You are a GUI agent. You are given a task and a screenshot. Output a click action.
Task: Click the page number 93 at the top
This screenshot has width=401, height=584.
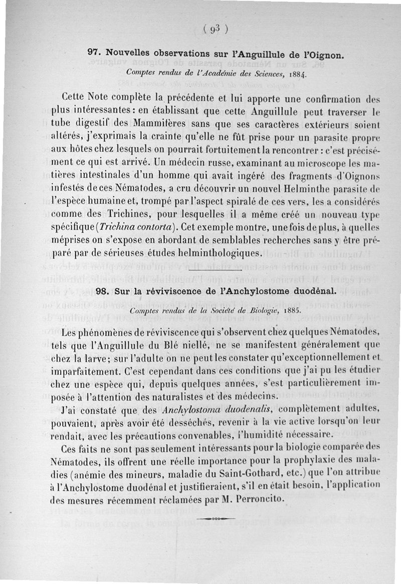point(216,29)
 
